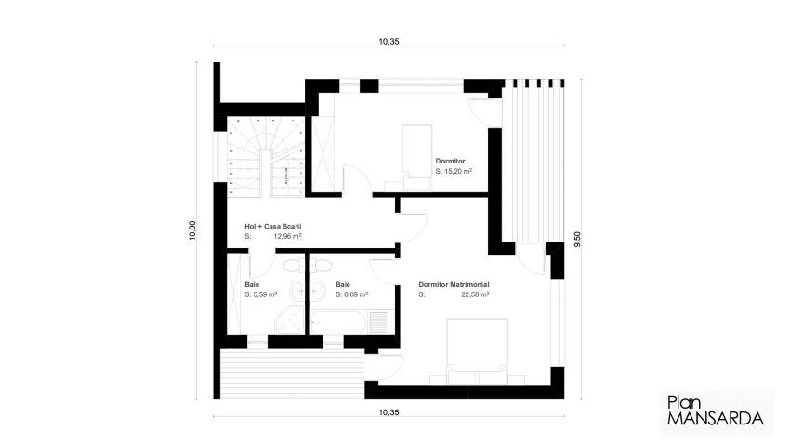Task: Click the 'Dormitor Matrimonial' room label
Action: tap(454, 284)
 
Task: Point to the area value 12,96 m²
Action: tap(287, 237)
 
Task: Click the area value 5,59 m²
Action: tap(264, 294)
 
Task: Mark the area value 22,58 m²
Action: tap(475, 294)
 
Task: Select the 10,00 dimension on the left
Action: tap(192, 231)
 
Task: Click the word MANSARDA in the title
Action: tap(715, 419)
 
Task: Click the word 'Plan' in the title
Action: tap(683, 402)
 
